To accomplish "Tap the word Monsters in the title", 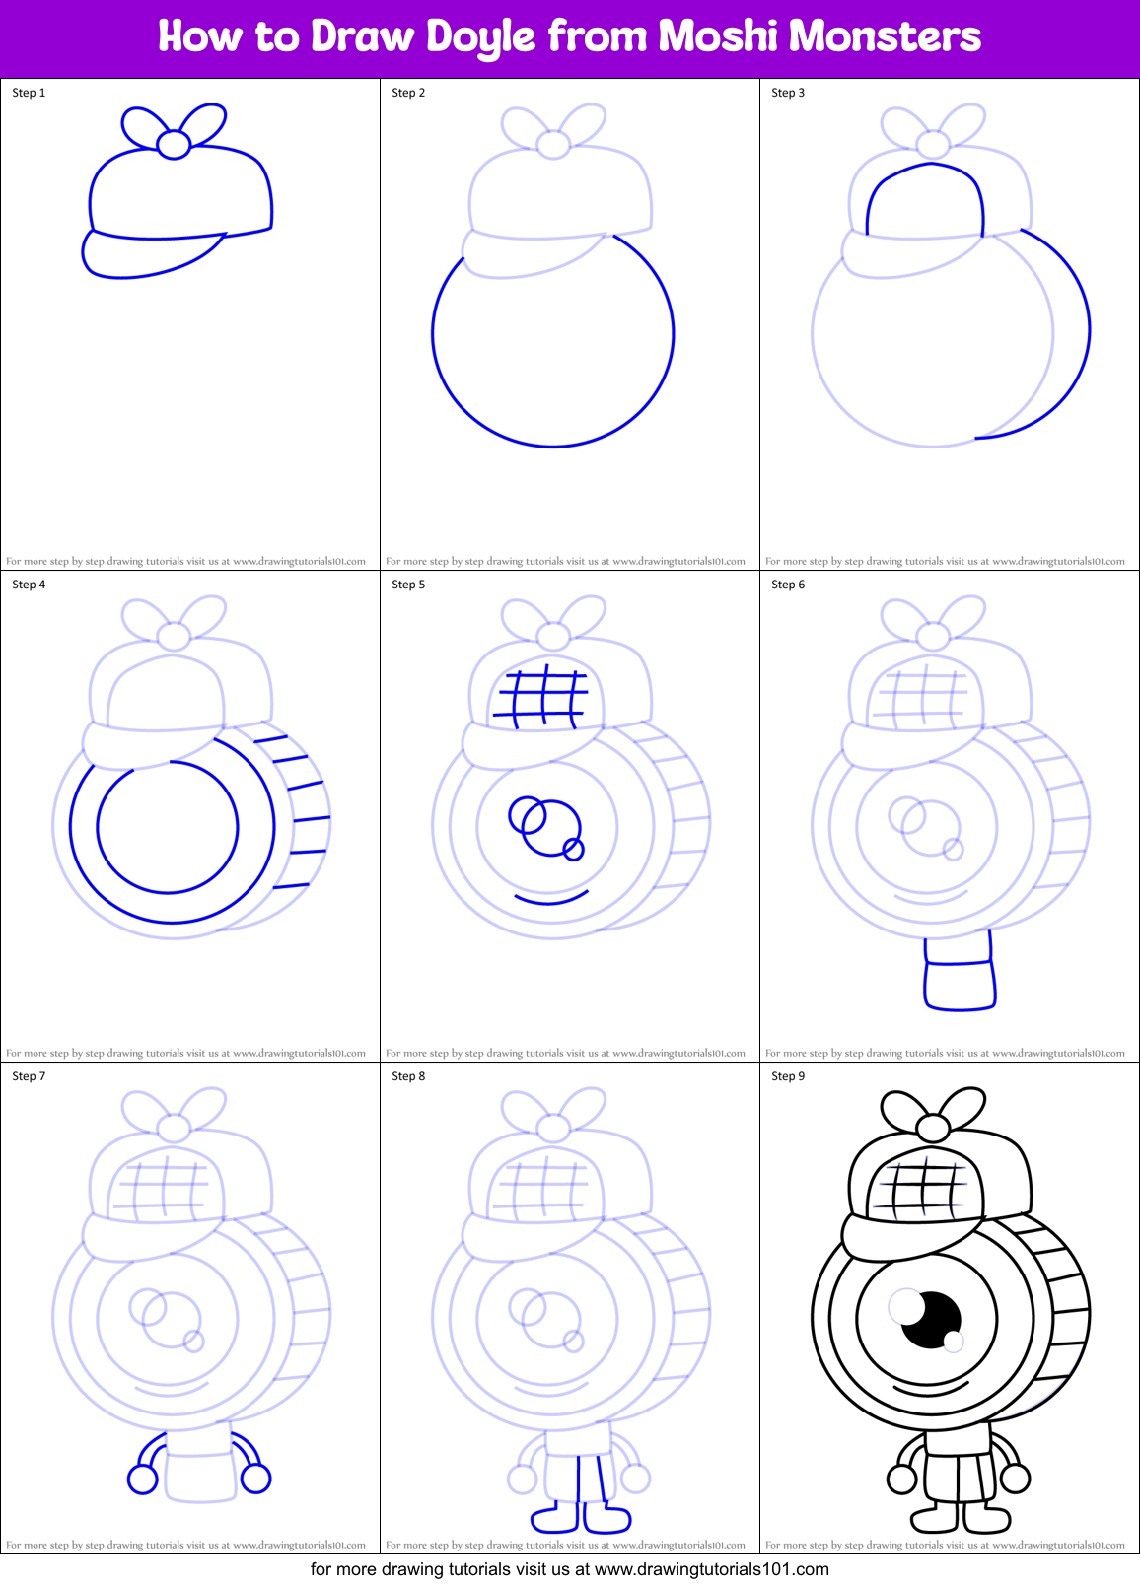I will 885,36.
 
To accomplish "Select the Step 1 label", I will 29,93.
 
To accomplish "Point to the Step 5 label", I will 408,585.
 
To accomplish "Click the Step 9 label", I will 788,1076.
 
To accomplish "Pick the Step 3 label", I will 788,93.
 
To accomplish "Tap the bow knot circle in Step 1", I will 174,144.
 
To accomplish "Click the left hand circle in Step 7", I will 143,1479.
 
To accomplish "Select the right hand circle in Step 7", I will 256,1478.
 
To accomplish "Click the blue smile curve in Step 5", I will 550,898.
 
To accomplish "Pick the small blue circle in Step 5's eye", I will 573,848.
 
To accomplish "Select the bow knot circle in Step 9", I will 932,1128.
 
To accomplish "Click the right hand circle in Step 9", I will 1015,1478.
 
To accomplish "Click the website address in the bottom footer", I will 712,1569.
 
